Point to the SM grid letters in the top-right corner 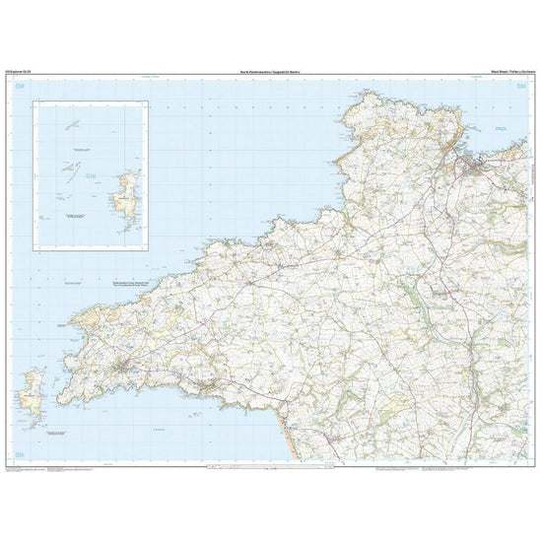point(520,87)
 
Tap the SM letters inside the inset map point(93,177)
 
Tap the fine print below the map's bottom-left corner point(39,468)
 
